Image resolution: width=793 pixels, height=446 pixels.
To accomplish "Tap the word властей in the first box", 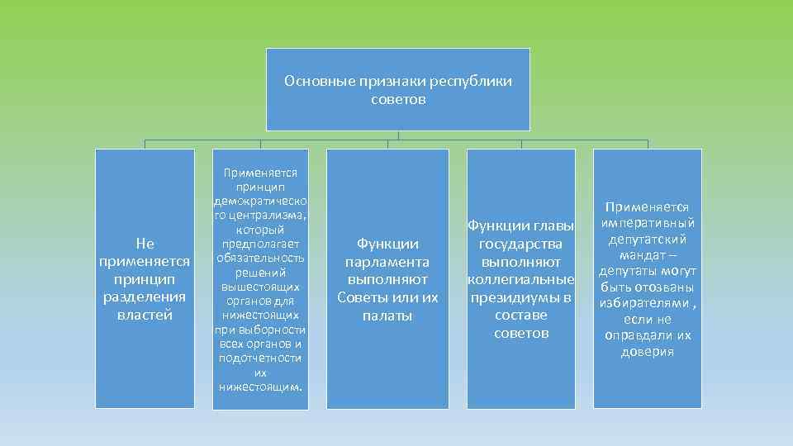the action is (145, 315).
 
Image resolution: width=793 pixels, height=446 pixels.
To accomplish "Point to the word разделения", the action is (145, 297).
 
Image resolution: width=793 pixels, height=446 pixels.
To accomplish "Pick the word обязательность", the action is (261, 258).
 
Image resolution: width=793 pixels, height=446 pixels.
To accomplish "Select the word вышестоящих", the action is (261, 286).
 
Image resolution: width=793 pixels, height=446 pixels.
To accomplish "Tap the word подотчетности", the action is (261, 358).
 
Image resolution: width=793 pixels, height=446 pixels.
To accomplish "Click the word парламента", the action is (387, 262).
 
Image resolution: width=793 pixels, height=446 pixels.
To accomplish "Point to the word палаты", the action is (387, 316).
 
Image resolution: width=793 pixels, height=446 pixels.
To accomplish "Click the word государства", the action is (521, 244).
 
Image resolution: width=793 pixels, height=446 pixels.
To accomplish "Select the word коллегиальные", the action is (521, 279).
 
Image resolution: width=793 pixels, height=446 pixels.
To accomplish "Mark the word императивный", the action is (648, 223).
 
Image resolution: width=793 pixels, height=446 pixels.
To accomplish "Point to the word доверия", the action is (648, 352).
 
